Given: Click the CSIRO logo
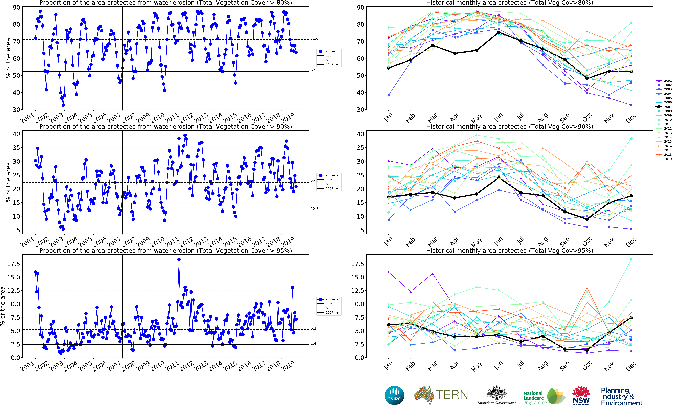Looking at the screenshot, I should [394, 396].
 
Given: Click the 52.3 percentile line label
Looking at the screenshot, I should [314, 70].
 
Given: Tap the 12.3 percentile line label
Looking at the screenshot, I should [314, 209].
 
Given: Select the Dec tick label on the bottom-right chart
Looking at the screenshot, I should [630, 366].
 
